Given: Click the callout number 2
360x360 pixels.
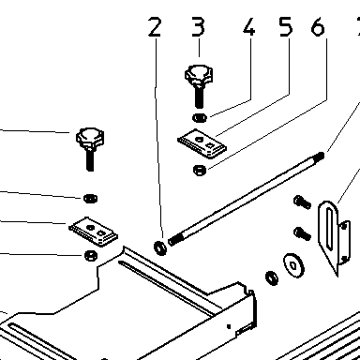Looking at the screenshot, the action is tap(155, 27).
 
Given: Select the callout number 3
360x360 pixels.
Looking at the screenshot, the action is tap(198, 27).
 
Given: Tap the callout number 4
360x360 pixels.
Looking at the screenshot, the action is tap(249, 27).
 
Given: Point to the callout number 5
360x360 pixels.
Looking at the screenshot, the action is tap(286, 27).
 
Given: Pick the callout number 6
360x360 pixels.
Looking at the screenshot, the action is tap(318, 27).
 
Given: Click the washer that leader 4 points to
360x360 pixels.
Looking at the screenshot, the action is tap(200, 117).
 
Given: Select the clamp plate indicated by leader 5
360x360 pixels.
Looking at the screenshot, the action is tap(202, 143).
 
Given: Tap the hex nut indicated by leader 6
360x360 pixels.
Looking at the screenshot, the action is tap(200, 170).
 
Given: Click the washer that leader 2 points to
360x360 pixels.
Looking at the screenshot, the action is tap(160, 247).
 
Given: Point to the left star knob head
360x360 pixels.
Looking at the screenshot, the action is tap(90, 138).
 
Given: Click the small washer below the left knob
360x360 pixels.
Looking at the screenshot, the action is tap(90, 198).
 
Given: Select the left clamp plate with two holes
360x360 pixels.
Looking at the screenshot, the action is tap(93, 232).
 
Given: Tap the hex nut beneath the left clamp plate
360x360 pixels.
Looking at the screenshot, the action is tap(91, 255).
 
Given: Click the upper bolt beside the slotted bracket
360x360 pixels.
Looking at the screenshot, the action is tap(302, 202).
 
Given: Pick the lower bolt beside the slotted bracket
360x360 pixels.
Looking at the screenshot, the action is tap(302, 233).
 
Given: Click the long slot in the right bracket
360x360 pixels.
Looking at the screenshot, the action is tap(329, 229).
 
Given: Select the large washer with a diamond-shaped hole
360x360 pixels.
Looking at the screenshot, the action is tap(294, 265).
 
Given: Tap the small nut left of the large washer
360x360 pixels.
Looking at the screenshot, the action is tap(272, 277).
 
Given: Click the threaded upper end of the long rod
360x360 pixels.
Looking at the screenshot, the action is tap(320, 156).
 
